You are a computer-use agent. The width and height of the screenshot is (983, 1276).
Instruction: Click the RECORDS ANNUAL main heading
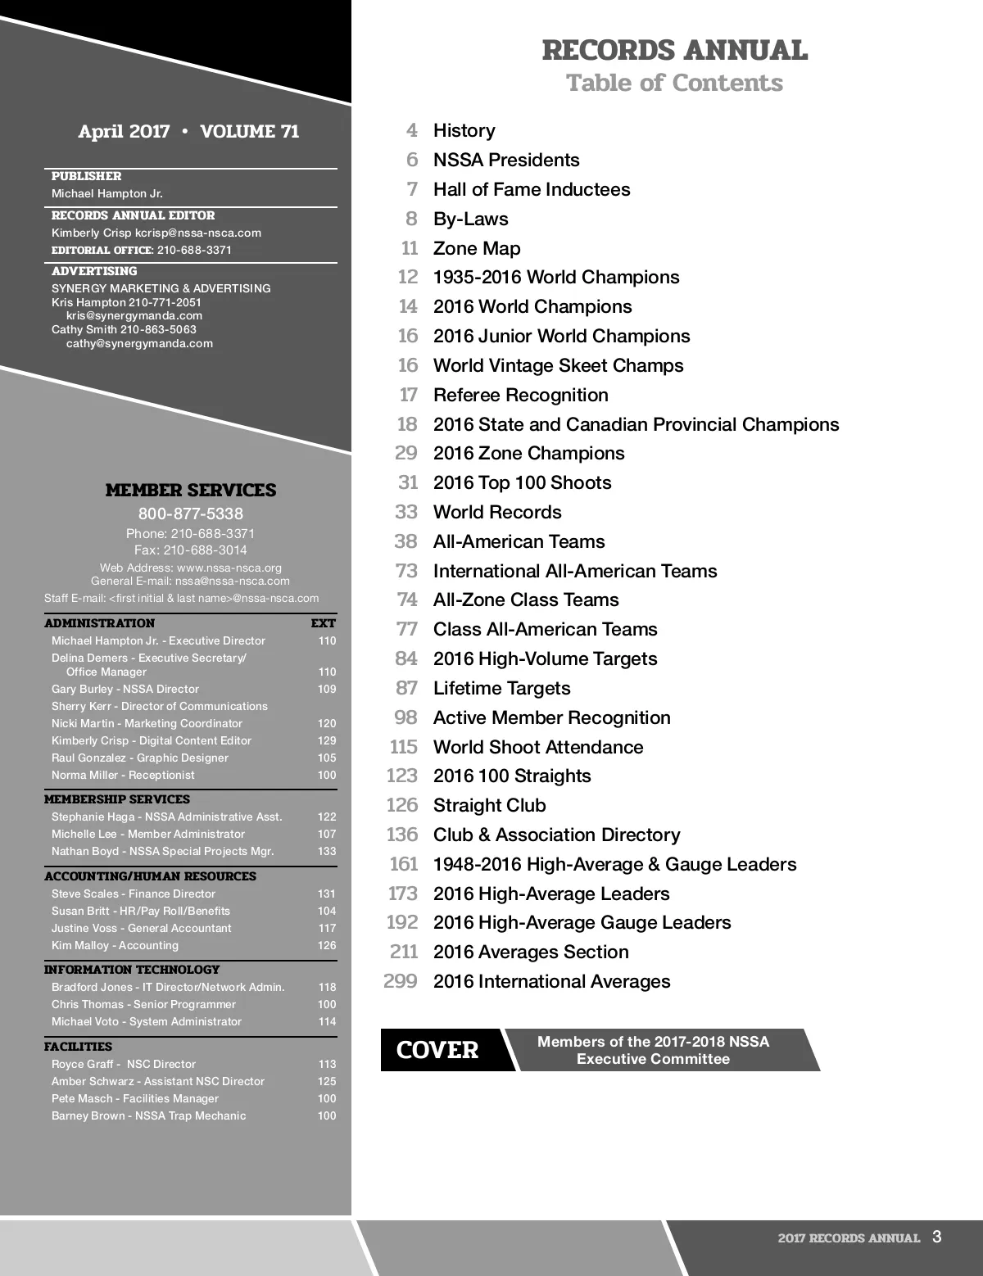point(674,51)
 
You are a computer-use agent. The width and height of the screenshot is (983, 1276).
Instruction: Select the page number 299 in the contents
point(401,981)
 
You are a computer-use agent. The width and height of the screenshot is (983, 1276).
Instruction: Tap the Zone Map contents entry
point(476,248)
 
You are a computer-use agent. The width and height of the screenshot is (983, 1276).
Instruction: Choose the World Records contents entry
point(497,512)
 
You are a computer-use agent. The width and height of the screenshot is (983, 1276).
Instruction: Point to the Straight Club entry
point(489,805)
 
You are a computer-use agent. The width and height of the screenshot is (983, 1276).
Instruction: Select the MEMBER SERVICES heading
point(191,491)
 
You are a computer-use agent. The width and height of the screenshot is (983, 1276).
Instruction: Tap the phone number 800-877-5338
point(191,514)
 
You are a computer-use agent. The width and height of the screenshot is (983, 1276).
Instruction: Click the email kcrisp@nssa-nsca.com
point(198,233)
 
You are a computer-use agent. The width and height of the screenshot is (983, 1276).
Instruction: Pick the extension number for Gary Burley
point(327,689)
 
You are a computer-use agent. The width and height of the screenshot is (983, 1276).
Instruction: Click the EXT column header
point(324,623)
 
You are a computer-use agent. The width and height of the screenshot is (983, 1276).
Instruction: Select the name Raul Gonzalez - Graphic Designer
point(140,758)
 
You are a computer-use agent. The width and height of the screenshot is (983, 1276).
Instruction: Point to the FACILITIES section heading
point(79,1047)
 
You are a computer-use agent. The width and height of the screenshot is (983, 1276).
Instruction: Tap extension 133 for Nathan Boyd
point(327,851)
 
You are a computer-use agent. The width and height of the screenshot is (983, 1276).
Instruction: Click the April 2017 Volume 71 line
point(188,131)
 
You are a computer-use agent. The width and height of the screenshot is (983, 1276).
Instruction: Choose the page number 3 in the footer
point(936,1237)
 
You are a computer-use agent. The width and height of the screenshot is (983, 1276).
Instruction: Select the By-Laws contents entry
point(470,219)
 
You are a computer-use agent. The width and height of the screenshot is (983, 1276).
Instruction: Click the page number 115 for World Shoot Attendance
point(403,747)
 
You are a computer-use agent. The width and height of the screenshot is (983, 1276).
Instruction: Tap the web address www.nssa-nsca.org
point(229,568)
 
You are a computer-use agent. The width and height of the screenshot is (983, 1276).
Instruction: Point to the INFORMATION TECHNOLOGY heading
point(132,970)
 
